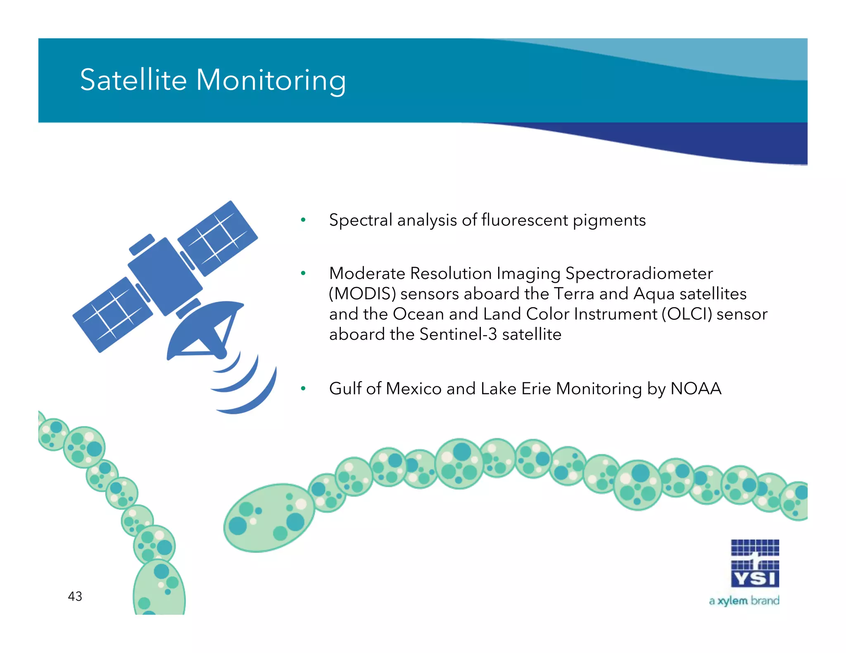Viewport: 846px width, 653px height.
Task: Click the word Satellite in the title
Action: (133, 80)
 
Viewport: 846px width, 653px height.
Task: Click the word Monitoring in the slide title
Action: (271, 80)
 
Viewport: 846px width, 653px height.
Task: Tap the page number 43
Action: (75, 596)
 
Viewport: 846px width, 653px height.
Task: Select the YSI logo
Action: (755, 563)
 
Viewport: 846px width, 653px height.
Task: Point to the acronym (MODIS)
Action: (362, 294)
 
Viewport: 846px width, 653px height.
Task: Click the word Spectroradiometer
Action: (639, 274)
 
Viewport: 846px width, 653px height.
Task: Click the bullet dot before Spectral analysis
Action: (303, 220)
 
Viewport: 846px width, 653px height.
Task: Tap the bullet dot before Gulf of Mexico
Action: (303, 388)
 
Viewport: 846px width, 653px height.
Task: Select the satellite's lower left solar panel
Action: (112, 315)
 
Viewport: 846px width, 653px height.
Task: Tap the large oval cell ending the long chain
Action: (269, 518)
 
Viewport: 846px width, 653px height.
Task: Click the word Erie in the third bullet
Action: (536, 389)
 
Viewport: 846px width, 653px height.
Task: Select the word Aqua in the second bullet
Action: (654, 294)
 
